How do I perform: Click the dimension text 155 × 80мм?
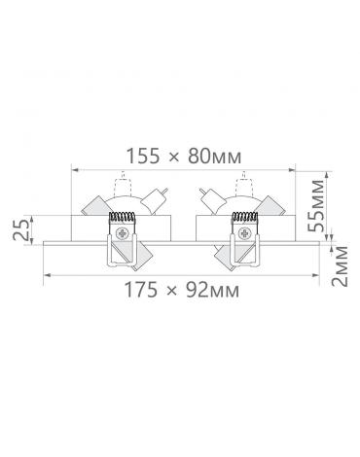(x=184, y=157)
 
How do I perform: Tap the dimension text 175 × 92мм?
(x=182, y=290)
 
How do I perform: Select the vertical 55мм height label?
(x=315, y=205)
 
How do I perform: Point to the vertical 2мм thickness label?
(x=340, y=266)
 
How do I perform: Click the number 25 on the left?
(x=20, y=229)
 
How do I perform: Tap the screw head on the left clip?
(x=123, y=233)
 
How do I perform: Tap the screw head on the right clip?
(x=243, y=233)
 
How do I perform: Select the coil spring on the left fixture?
(x=122, y=217)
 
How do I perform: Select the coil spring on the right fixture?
(x=244, y=217)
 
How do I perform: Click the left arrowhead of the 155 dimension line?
(x=75, y=169)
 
